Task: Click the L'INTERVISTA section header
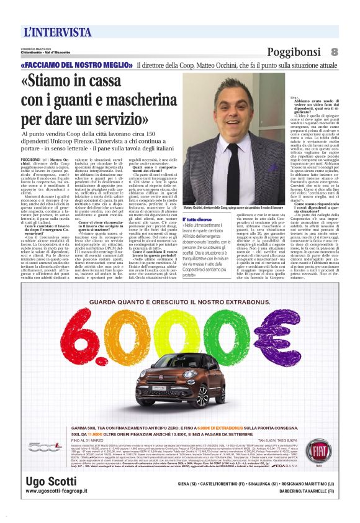tap(58, 31)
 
